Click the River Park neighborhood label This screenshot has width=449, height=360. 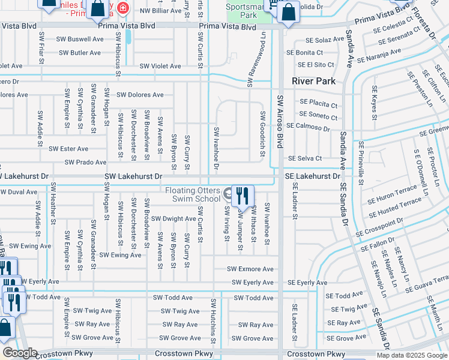313,80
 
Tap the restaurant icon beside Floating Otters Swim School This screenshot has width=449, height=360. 243,196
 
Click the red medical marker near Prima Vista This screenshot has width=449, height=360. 123,8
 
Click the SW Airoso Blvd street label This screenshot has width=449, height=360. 280,121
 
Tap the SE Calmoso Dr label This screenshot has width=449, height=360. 308,127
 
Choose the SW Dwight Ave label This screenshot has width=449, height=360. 173,219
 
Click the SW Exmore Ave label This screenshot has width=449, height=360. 250,269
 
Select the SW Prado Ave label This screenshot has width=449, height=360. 85,162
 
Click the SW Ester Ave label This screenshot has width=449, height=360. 68,148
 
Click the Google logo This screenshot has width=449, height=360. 19,353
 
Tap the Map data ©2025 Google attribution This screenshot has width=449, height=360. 412,355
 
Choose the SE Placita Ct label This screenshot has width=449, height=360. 318,103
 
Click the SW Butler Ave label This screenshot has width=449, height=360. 79,53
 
